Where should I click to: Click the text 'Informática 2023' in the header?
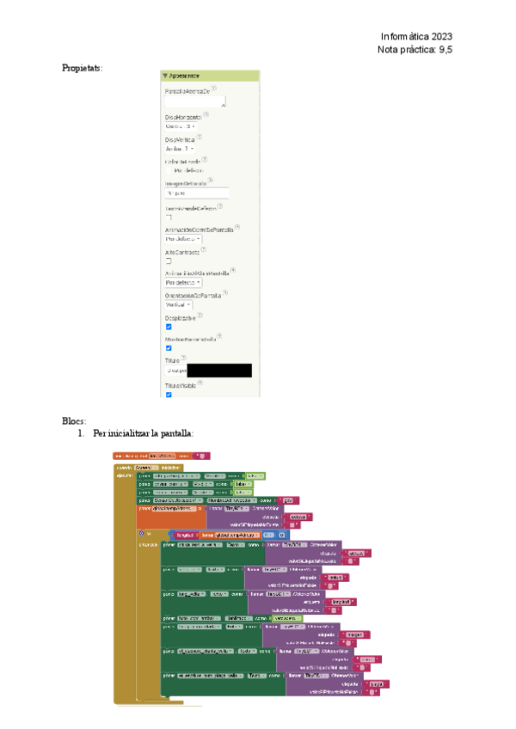(416, 36)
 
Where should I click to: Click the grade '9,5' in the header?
(445, 51)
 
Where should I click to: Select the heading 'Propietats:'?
(82, 68)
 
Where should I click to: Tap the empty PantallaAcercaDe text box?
(194, 101)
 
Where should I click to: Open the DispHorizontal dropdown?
(181, 126)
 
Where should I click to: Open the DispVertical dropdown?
(179, 149)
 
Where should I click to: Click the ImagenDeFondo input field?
(195, 193)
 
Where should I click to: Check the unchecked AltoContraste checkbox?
(169, 260)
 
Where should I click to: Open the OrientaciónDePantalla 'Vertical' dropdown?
(178, 304)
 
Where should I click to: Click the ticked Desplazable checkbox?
(169, 327)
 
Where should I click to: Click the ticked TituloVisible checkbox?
(169, 394)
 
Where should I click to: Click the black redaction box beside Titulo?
(219, 371)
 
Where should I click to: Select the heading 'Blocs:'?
(74, 420)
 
